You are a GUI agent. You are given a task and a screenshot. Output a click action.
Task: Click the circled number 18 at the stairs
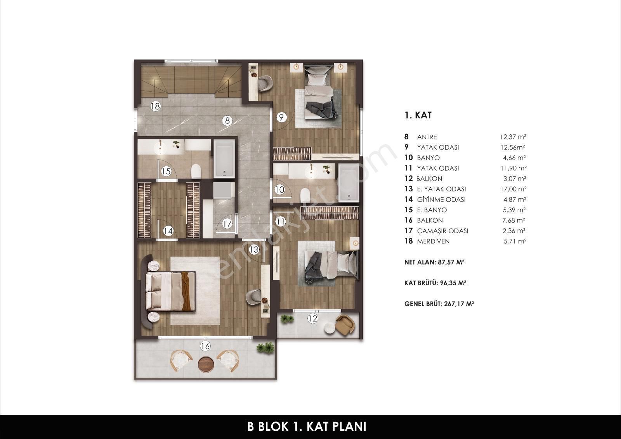156,106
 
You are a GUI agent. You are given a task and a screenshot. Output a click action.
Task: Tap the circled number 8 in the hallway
227,121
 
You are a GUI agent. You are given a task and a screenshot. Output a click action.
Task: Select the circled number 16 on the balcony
205,346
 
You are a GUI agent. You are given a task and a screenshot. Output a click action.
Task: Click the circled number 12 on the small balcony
313,319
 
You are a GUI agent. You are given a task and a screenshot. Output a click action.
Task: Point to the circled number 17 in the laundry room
227,224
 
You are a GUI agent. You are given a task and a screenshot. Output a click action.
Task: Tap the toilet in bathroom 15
196,171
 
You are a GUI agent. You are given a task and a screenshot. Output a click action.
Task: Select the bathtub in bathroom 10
349,182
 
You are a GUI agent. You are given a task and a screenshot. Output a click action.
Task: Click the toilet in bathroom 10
305,195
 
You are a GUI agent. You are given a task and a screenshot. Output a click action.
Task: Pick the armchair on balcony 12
345,324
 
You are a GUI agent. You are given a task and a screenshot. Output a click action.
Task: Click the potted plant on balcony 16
265,348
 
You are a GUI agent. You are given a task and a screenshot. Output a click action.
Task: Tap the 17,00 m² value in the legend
513,189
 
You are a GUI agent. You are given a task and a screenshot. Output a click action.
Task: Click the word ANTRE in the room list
427,137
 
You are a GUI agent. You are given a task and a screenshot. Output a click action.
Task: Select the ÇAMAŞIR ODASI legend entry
442,231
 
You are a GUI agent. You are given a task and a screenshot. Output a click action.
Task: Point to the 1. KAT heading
418,115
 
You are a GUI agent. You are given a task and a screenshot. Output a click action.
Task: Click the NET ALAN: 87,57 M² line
434,262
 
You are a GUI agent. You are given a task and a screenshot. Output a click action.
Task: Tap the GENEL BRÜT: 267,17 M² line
439,304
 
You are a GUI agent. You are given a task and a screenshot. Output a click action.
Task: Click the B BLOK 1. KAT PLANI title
307,426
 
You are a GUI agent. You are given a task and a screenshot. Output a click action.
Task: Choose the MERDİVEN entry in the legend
433,241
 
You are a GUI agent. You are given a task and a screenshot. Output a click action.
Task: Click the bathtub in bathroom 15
224,159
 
